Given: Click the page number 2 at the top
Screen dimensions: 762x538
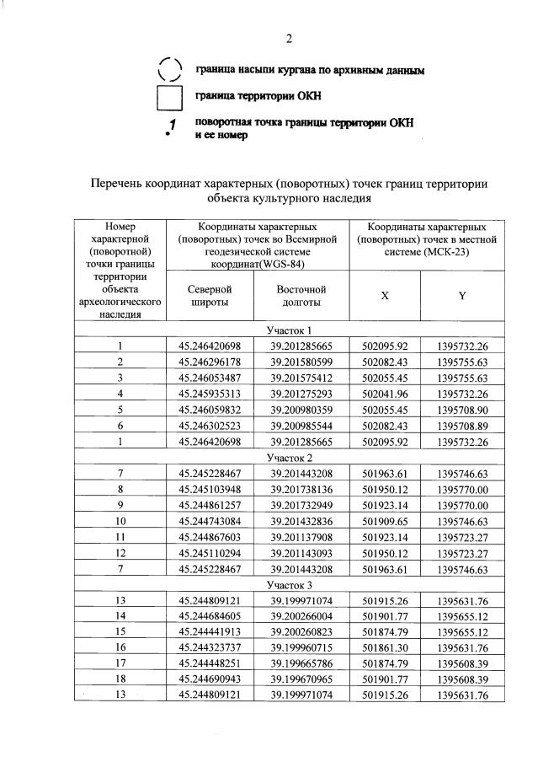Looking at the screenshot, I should click(289, 40).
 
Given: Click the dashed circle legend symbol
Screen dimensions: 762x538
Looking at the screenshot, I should click(170, 71).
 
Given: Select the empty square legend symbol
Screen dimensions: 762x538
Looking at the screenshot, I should click(170, 99).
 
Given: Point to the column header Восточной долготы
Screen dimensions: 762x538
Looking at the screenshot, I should click(301, 295).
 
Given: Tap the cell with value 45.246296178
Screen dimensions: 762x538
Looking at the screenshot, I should click(210, 362).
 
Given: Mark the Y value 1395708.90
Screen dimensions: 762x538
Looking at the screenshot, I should click(462, 410).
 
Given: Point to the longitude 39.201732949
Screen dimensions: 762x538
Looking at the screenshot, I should click(302, 505).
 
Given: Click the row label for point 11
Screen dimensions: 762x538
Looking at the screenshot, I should click(120, 537).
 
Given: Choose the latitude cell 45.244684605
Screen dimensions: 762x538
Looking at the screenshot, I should click(210, 616).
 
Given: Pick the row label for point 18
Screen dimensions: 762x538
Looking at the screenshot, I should click(120, 680).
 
